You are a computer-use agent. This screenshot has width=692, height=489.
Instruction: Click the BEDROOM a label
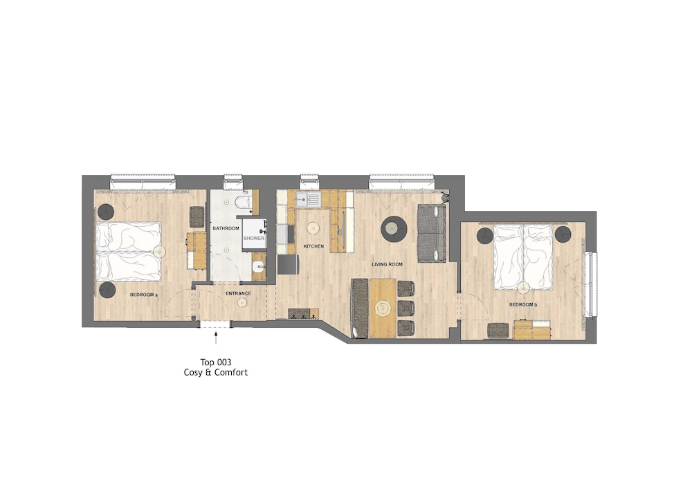pyautogui.click(x=144, y=295)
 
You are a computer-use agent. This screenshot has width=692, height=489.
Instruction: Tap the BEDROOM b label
pyautogui.click(x=523, y=305)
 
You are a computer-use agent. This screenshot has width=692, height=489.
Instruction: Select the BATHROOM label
pyautogui.click(x=226, y=228)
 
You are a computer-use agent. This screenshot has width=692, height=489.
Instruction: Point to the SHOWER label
pyautogui.click(x=254, y=238)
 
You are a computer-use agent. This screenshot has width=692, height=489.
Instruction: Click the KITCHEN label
pyautogui.click(x=313, y=246)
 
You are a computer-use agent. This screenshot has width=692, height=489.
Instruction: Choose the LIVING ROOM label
pyautogui.click(x=387, y=265)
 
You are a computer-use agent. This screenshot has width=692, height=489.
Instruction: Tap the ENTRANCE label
pyautogui.click(x=238, y=294)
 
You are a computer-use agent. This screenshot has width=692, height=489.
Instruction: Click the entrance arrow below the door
pyautogui.click(x=216, y=338)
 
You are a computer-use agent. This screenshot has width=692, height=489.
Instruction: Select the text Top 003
pyautogui.click(x=216, y=362)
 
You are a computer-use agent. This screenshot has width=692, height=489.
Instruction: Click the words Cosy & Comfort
pyautogui.click(x=216, y=373)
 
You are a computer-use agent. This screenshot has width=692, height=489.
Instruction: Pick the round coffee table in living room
pyautogui.click(x=394, y=229)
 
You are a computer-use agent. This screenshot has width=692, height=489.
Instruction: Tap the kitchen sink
pyautogui.click(x=308, y=200)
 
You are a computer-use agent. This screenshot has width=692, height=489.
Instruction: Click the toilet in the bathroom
pyautogui.click(x=242, y=202)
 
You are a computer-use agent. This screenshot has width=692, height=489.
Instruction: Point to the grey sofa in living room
pyautogui.click(x=432, y=234)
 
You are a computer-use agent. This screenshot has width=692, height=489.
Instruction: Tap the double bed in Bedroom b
pyautogui.click(x=523, y=257)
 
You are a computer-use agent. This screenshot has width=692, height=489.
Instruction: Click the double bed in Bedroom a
pyautogui.click(x=129, y=251)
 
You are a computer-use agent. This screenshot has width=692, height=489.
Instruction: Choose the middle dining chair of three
pyautogui.click(x=406, y=308)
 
